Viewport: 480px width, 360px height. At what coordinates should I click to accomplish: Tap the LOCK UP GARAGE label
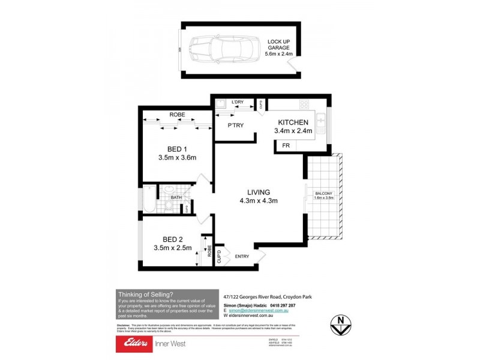click(280, 47)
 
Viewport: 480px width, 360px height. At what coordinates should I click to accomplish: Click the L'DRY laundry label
click(238, 102)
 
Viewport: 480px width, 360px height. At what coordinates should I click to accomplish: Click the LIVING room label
click(259, 192)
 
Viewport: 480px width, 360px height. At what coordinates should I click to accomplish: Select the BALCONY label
click(323, 192)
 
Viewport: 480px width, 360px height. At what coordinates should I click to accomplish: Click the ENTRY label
click(242, 256)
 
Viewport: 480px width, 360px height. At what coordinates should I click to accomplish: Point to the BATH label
click(176, 197)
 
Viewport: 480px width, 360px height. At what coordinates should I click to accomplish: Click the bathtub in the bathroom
click(149, 200)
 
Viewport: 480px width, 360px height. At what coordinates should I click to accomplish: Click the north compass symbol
click(341, 322)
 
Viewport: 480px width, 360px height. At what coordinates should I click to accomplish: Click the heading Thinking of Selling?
click(146, 294)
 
